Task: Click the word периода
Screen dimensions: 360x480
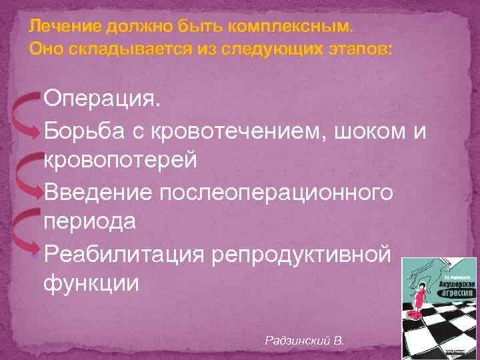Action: [90, 221]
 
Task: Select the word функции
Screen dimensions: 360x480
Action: [91, 283]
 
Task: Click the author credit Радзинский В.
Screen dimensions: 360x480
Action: [304, 340]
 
